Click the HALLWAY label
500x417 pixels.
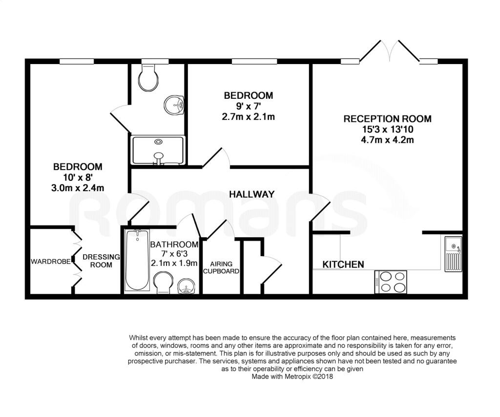click(251, 194)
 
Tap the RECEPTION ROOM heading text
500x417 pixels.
click(387, 119)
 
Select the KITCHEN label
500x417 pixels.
click(343, 264)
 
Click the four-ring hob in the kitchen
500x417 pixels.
click(391, 282)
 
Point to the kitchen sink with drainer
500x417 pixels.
click(453, 254)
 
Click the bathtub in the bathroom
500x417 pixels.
click(137, 260)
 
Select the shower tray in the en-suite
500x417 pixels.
click(158, 151)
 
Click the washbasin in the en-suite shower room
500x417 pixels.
click(174, 105)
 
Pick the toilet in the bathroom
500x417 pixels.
click(163, 282)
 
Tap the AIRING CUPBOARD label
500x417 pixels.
click(221, 267)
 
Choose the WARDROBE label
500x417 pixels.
click(51, 262)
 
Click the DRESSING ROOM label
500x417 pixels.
click(101, 261)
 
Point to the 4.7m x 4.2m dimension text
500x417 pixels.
click(387, 140)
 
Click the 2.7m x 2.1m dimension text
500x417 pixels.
click(249, 116)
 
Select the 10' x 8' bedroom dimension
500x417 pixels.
click(78, 177)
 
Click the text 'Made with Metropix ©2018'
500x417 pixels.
click(292, 376)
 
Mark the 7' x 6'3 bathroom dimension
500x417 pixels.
click(174, 254)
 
